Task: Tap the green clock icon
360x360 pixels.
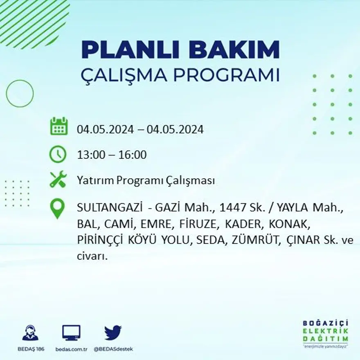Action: tap(58, 154)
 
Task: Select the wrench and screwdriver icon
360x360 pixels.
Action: tap(58, 180)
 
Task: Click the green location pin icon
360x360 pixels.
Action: tap(57, 208)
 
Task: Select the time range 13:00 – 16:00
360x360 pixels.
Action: tap(111, 155)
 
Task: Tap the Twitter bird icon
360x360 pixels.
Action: tap(113, 332)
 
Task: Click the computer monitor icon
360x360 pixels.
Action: tap(71, 333)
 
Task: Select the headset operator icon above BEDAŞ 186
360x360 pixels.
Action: tap(30, 333)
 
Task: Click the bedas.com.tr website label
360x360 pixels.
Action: tap(71, 349)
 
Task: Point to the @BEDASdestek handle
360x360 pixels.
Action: tap(113, 349)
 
